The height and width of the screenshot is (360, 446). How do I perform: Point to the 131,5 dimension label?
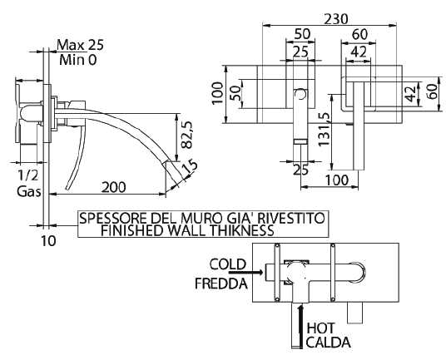(325, 128)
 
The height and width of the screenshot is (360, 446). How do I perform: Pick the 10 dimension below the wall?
(49, 241)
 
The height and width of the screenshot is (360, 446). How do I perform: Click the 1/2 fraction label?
(27, 175)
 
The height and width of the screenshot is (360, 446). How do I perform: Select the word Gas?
(28, 191)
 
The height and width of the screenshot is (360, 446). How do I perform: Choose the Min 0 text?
(78, 60)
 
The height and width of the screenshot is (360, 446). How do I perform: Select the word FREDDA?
(221, 284)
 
